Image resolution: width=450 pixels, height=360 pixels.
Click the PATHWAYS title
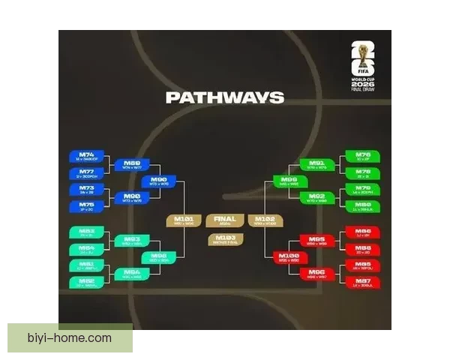pos(224,97)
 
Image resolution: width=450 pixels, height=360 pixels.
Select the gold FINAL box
pos(224,220)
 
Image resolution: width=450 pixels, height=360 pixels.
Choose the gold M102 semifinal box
pos(266,220)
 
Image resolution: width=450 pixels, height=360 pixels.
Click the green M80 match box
pos(363,206)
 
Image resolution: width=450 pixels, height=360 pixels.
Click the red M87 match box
pos(363,282)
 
